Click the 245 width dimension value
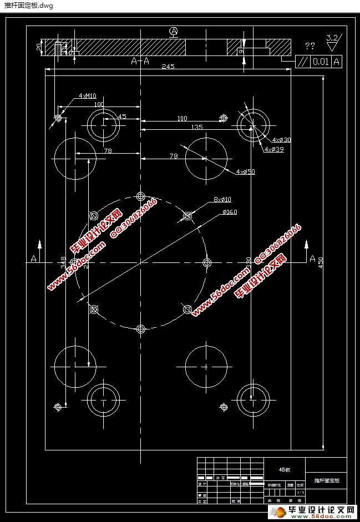[168, 67]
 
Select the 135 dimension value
[196, 127]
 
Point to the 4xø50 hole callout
[245, 172]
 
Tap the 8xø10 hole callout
[222, 199]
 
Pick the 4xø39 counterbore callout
[274, 150]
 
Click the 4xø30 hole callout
[281, 140]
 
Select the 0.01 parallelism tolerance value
[320, 62]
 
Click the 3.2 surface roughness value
[332, 38]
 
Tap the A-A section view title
[140, 62]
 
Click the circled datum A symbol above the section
[174, 32]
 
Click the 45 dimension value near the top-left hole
[121, 116]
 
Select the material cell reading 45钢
[284, 469]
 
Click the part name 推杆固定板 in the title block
[326, 480]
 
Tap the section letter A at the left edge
[33, 258]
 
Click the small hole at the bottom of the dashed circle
[140, 329]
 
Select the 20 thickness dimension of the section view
[39, 47]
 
